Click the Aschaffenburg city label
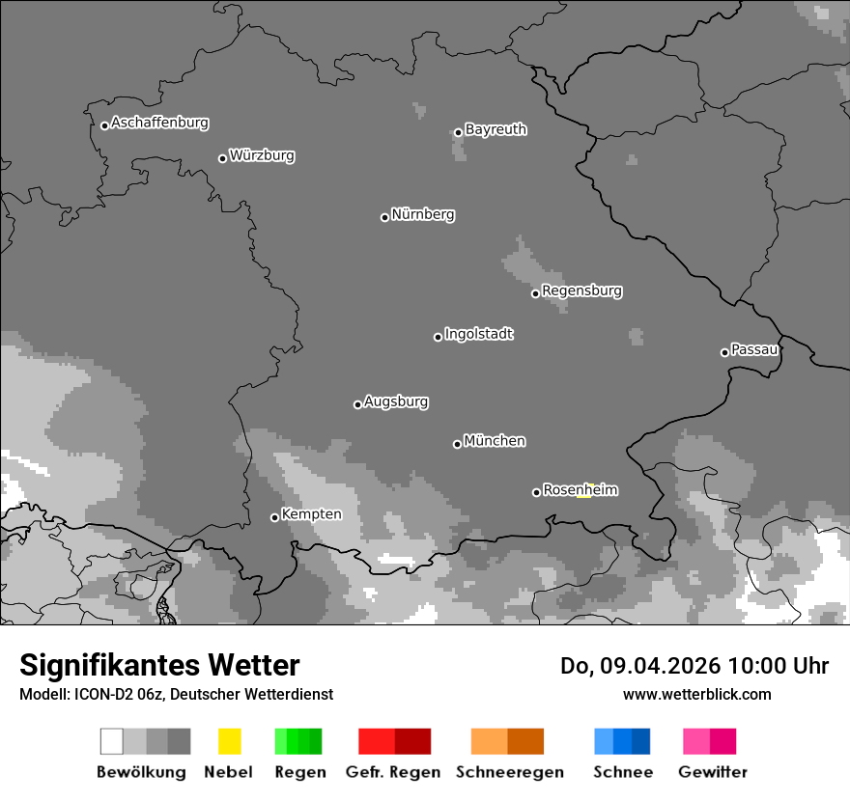pyautogui.click(x=159, y=124)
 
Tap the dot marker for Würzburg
pyautogui.click(x=222, y=158)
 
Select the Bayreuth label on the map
pyautogui.click(x=496, y=129)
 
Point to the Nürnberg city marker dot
pyautogui.click(x=384, y=217)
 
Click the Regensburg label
pyautogui.click(x=581, y=290)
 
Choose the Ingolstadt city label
pyautogui.click(x=478, y=334)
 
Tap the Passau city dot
pyautogui.click(x=724, y=352)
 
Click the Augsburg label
pyautogui.click(x=396, y=401)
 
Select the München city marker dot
pyautogui.click(x=457, y=444)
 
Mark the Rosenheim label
pyautogui.click(x=580, y=490)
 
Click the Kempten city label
pyautogui.click(x=311, y=514)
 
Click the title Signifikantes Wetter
pyautogui.click(x=159, y=665)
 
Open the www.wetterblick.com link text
pyautogui.click(x=696, y=694)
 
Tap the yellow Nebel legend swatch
pyautogui.click(x=229, y=741)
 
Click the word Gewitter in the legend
pyautogui.click(x=713, y=772)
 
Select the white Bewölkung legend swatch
pyautogui.click(x=112, y=741)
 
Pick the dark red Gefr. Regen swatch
pyautogui.click(x=412, y=741)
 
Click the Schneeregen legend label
pyautogui.click(x=509, y=772)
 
